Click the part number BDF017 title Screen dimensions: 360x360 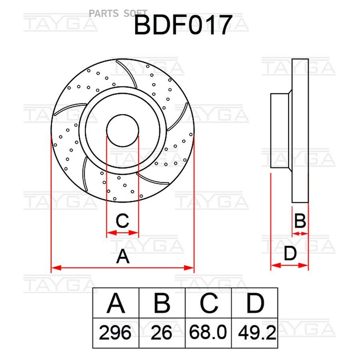pyautogui.click(x=183, y=26)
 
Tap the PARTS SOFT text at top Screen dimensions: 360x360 pyautogui.click(x=118, y=14)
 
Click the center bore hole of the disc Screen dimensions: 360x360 pyautogui.click(x=123, y=130)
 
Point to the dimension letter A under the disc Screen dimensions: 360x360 pyautogui.click(x=123, y=256)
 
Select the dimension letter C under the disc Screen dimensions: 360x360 pyautogui.click(x=122, y=220)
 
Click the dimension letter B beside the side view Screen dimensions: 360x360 pyautogui.click(x=300, y=221)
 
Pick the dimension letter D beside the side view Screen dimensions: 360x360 pyautogui.click(x=290, y=254)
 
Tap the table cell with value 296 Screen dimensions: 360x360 pyautogui.click(x=116, y=333)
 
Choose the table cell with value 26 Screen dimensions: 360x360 pyautogui.click(x=162, y=333)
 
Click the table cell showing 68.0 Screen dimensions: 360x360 pyautogui.click(x=208, y=333)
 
